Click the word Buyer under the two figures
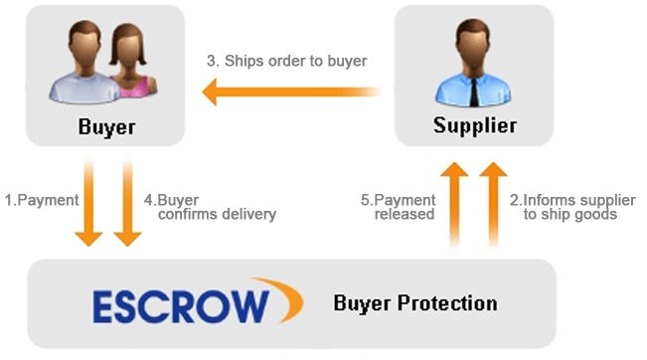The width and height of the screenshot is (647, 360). point(107,126)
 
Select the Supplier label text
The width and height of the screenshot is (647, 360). point(474,125)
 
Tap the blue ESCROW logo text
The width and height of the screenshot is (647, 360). point(181,306)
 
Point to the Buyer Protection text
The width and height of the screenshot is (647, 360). point(415,303)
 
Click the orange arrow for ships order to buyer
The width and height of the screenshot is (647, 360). point(291,91)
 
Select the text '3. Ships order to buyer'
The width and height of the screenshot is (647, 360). point(287,61)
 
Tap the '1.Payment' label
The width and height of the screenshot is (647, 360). point(42,200)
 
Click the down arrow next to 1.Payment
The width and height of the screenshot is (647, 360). point(88,203)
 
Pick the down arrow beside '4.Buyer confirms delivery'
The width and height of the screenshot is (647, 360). point(127,203)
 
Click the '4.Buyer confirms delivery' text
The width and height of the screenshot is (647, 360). point(210,207)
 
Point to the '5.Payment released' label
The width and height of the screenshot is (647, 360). point(399,207)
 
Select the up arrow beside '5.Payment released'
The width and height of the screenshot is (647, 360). point(454,204)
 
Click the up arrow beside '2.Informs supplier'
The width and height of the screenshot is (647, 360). point(493,204)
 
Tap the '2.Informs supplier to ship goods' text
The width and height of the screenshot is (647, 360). point(572,207)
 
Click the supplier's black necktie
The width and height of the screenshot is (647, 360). point(474,90)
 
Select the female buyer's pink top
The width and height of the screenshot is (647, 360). point(133,88)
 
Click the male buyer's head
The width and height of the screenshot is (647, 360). point(85,47)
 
